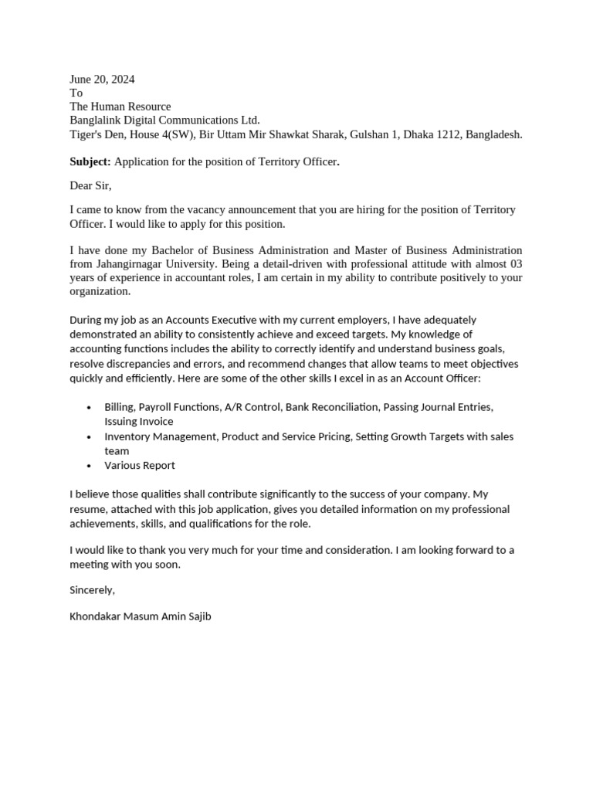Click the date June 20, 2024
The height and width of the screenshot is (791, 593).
[102, 79]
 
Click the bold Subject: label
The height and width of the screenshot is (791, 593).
[90, 161]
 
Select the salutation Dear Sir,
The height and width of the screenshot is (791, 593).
[90, 185]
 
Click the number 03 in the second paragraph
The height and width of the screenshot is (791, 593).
[515, 264]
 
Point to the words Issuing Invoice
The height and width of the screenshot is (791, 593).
[139, 422]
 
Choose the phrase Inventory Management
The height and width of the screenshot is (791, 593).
[161, 436]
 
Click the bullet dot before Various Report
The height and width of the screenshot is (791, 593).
[89, 466]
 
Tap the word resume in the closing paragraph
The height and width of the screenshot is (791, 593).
[87, 509]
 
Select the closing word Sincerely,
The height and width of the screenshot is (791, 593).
[92, 590]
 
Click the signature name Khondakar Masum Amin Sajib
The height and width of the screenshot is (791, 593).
[140, 616]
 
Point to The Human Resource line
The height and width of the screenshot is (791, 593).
[120, 107]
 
